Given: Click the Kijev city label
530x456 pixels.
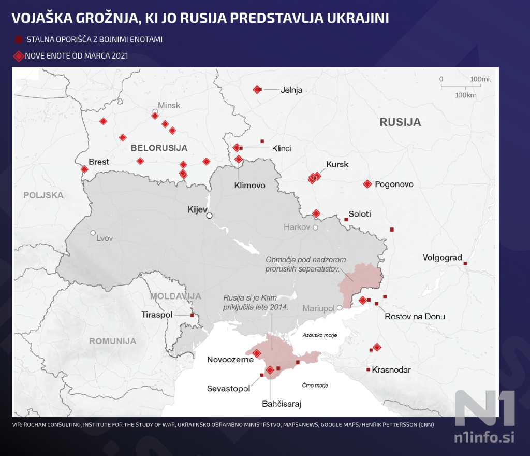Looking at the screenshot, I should (197, 209).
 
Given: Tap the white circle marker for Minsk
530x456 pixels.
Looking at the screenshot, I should (155, 112).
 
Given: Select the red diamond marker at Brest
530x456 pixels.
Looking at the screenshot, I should (84, 169).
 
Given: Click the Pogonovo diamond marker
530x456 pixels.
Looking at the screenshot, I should (367, 184).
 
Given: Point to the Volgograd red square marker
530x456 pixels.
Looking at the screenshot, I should (465, 264).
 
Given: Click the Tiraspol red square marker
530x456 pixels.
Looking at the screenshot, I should (192, 315).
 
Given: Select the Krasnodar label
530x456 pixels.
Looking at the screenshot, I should (391, 370).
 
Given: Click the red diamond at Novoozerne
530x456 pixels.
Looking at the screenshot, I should (257, 353).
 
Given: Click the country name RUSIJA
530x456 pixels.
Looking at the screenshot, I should (400, 123).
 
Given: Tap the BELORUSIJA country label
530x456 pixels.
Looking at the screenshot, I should (159, 148).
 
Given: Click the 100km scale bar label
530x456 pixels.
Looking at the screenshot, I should (466, 95).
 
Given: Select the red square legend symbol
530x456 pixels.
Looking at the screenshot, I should (18, 39).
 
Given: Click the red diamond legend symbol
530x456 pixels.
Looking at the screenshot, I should (18, 55).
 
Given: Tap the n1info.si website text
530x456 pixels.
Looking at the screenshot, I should (484, 437).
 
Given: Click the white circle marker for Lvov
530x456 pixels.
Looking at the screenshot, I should (93, 233).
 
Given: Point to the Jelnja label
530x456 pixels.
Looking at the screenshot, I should (291, 90).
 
